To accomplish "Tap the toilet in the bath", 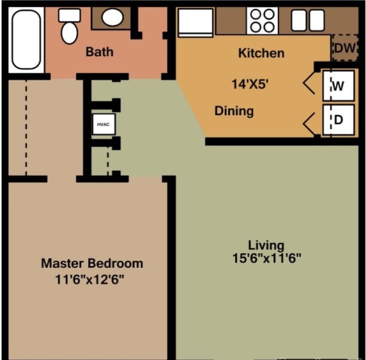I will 69,27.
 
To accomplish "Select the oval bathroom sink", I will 113,18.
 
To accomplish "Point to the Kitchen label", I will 261,53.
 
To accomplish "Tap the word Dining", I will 234,111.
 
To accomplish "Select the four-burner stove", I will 262,20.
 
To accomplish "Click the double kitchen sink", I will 308,20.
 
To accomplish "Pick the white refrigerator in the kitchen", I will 196,22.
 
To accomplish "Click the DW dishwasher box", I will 344,48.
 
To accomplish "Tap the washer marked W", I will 337,86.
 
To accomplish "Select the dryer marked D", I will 337,120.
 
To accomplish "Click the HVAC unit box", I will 103,125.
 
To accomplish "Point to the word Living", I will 266,245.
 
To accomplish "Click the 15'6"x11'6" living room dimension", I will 266,258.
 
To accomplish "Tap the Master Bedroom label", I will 92,263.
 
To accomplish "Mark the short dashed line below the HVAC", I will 107,163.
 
